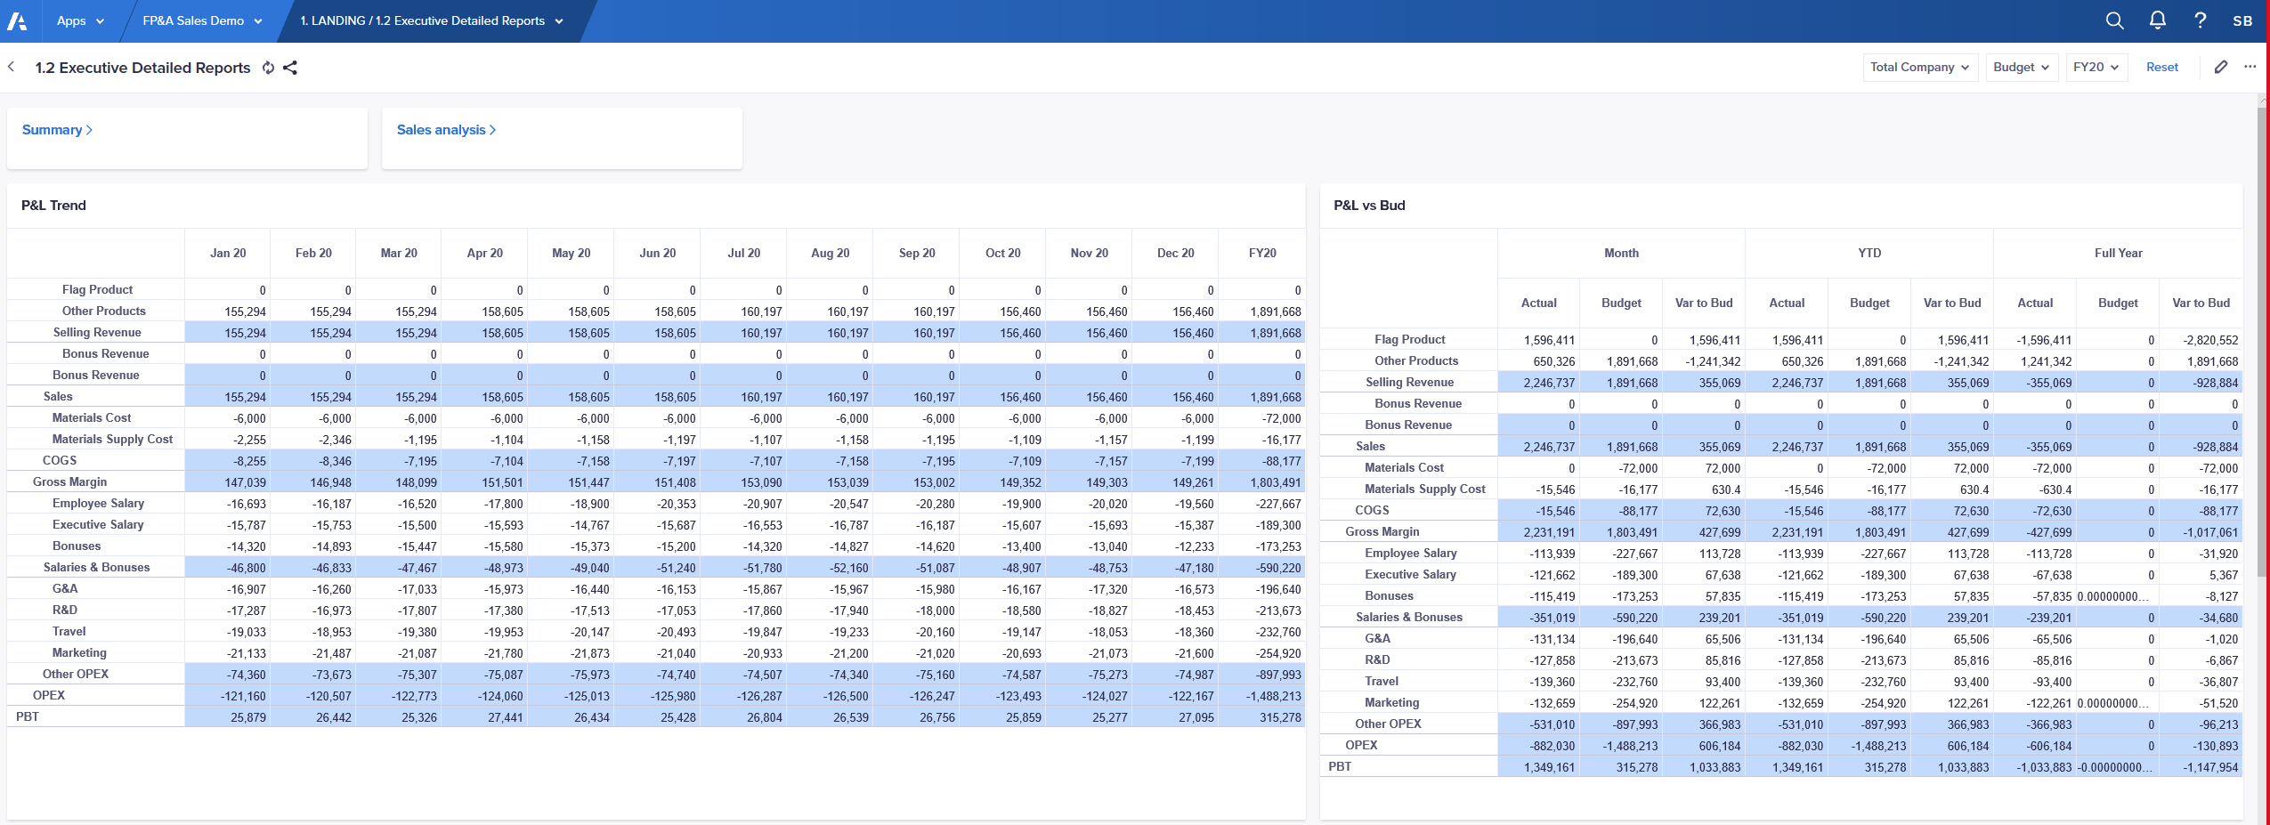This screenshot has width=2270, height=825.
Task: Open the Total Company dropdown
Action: [1919, 67]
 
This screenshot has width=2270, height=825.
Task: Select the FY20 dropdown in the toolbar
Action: [2096, 67]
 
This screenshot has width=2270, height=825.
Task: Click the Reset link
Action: [2161, 67]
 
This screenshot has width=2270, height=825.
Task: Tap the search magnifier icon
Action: [2114, 20]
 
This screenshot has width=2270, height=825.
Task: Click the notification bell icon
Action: [2157, 20]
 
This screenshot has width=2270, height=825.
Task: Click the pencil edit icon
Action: [2221, 67]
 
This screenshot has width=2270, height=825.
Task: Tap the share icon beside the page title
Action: [290, 68]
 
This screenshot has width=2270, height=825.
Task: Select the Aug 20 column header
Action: [830, 253]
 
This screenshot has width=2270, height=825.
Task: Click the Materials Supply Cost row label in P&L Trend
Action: [112, 439]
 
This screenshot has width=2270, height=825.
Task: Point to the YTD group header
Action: [1869, 253]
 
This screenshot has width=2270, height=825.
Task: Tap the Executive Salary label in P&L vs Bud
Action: [1410, 574]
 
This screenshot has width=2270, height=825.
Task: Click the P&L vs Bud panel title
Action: [1369, 206]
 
